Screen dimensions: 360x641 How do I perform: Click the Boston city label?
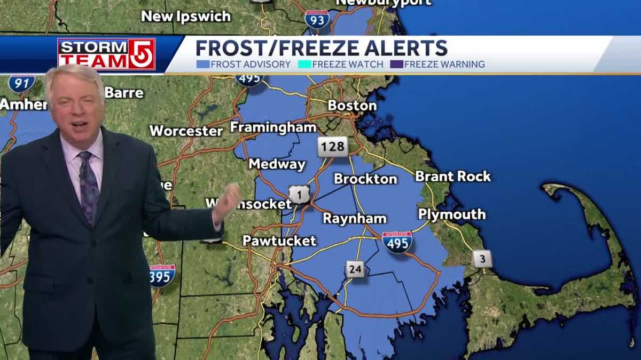(x=352, y=106)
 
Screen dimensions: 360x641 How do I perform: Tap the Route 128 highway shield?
(x=332, y=146)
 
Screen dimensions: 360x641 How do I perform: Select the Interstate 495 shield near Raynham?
(x=397, y=242)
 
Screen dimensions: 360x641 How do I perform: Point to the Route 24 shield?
(x=355, y=269)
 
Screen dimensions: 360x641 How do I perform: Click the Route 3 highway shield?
(x=482, y=259)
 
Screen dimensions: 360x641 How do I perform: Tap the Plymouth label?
(x=452, y=214)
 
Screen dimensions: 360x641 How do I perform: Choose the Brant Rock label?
(x=452, y=176)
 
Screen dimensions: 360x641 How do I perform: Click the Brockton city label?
(x=365, y=179)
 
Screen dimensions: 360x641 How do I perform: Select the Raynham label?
(x=354, y=218)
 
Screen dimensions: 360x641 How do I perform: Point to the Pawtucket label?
(x=279, y=241)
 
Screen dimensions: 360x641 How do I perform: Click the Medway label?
(x=277, y=164)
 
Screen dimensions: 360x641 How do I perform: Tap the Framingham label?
(x=273, y=127)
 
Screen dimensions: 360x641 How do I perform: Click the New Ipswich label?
(x=185, y=17)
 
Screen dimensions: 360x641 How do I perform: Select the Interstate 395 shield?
(x=162, y=276)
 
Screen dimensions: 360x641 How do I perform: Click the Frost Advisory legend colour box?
(x=202, y=65)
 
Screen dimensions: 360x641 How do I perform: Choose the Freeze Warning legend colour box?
(x=396, y=65)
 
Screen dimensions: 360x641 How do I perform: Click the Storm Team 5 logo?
(x=106, y=54)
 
